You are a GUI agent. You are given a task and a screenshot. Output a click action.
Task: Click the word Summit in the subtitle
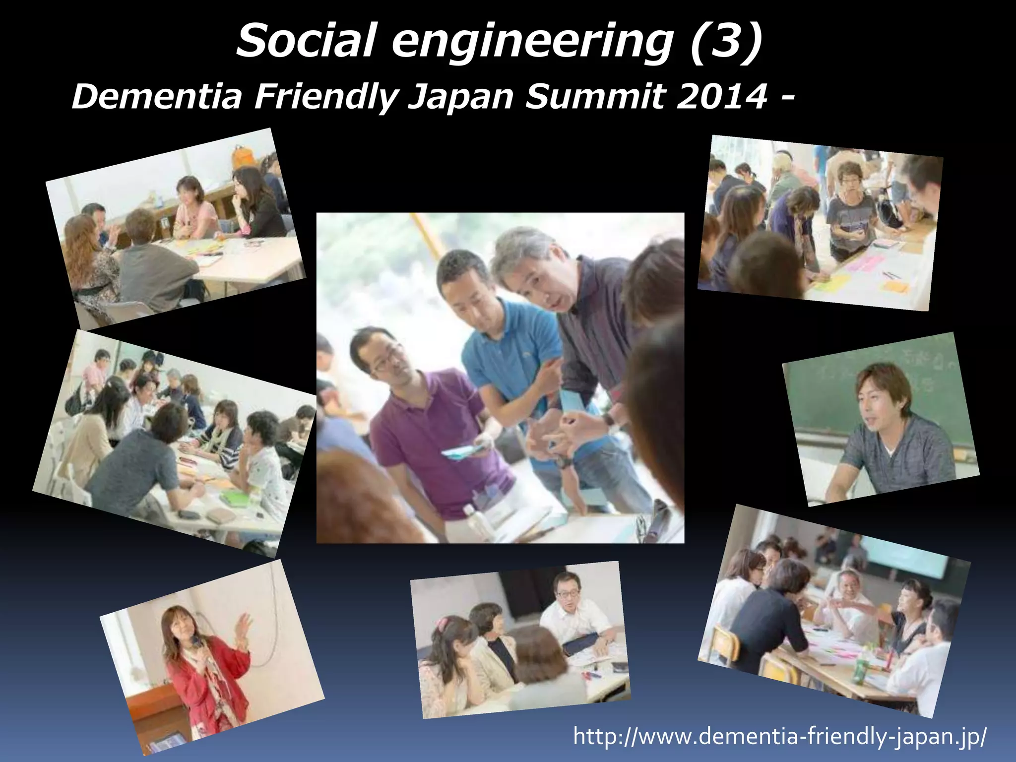click(x=595, y=97)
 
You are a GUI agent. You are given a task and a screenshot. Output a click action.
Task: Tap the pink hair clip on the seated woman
click(x=442, y=623)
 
